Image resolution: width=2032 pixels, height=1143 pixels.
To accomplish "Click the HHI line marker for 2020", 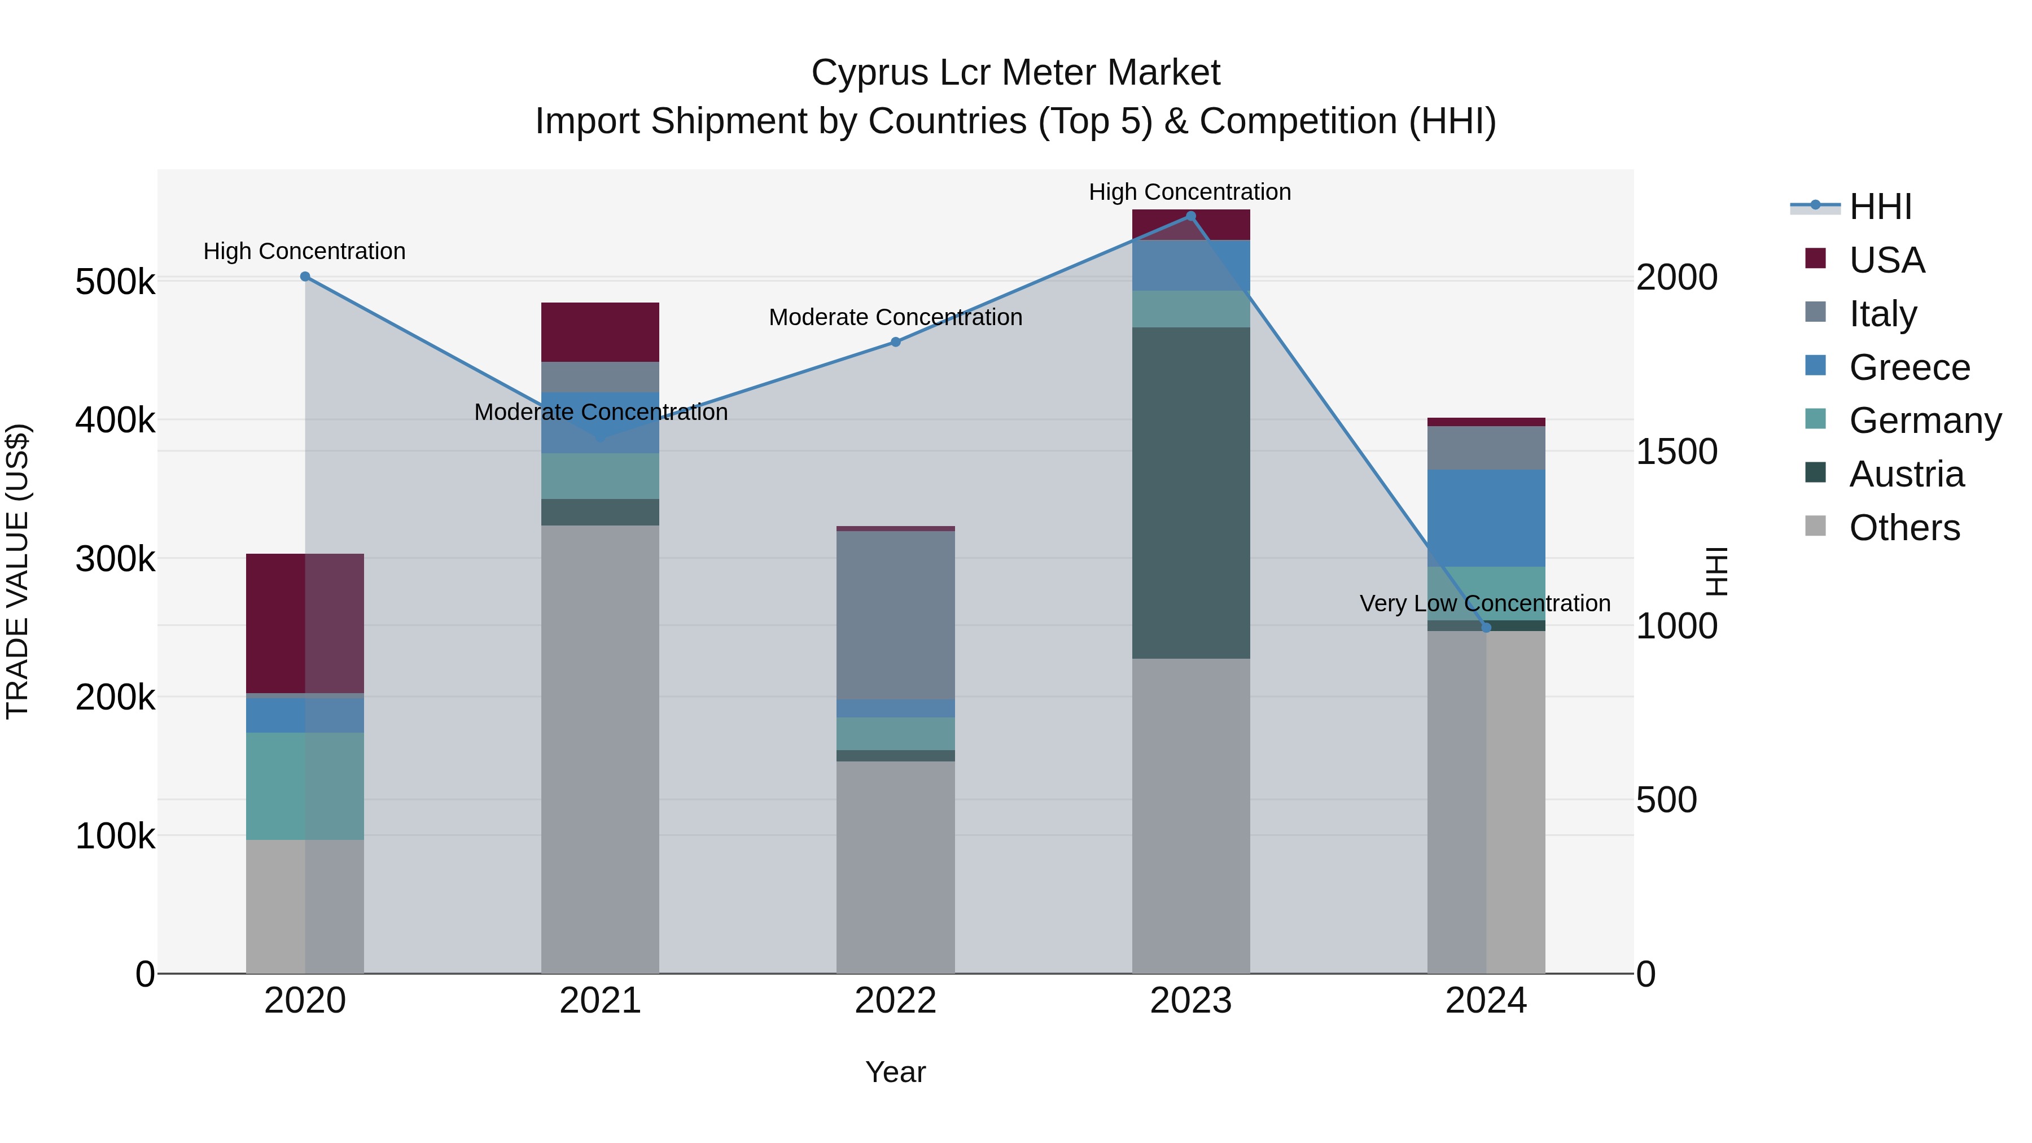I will tap(305, 277).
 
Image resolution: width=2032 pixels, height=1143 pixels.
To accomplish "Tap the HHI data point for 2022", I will tap(895, 343).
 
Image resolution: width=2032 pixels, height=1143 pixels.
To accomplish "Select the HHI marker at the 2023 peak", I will tap(1191, 216).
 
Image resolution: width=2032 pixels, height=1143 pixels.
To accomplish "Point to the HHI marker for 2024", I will tap(1486, 628).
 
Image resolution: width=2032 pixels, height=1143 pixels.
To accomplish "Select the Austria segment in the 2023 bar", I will tap(1191, 493).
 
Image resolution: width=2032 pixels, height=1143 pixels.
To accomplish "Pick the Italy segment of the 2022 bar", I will tap(895, 615).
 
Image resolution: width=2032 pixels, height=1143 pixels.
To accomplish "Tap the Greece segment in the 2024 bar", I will tap(1486, 518).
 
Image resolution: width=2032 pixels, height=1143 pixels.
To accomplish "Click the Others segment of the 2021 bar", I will tap(601, 750).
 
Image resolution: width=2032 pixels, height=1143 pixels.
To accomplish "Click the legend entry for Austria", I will tap(1906, 475).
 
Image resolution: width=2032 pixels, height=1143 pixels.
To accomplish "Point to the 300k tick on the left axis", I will tap(115, 559).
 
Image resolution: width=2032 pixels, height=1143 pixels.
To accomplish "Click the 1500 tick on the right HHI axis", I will tap(1677, 452).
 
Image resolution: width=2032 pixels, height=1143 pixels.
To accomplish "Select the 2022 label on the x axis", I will tap(895, 1001).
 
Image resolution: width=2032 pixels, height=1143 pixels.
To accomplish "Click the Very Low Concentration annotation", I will tap(1484, 603).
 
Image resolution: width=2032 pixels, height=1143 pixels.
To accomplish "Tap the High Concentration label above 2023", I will tap(1189, 192).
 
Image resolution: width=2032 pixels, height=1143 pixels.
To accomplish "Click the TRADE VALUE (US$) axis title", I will tap(18, 571).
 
